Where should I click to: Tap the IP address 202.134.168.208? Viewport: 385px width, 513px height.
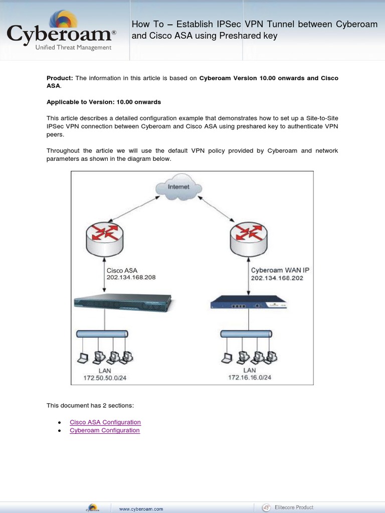click(131, 278)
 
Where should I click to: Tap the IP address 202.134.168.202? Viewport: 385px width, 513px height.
click(277, 278)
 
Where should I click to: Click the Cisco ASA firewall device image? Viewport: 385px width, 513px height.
click(122, 303)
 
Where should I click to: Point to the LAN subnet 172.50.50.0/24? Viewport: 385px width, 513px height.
click(105, 378)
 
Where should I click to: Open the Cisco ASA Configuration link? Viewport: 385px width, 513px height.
click(105, 422)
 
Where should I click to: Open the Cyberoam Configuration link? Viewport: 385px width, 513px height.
click(105, 430)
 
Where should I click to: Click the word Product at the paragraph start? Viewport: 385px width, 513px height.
click(60, 78)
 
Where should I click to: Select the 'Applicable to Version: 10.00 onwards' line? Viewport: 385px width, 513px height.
click(104, 102)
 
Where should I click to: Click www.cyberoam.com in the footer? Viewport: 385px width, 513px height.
click(141, 509)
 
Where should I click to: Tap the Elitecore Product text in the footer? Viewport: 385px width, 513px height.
click(295, 507)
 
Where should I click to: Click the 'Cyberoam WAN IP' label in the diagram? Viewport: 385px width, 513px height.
click(280, 270)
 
